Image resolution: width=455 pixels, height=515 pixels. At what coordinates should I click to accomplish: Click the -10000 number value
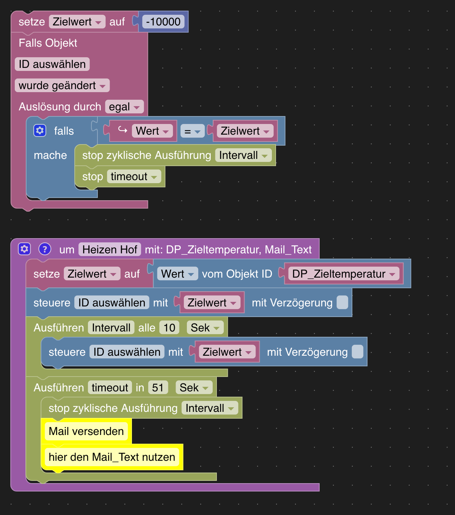[x=163, y=22]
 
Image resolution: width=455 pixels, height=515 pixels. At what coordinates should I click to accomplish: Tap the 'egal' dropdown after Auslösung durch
[x=124, y=107]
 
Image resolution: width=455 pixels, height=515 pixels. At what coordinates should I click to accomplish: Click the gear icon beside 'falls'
[x=40, y=130]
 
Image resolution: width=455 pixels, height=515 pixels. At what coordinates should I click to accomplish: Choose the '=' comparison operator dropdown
[x=192, y=131]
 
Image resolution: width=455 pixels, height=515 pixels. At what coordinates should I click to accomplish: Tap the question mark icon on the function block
[x=45, y=249]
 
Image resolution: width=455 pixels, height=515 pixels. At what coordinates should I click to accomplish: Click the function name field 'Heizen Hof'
[x=110, y=250]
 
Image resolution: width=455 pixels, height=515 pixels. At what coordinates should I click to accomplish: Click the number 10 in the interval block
[x=169, y=328]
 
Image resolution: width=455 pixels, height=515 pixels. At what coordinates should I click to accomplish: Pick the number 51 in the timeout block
[x=158, y=388]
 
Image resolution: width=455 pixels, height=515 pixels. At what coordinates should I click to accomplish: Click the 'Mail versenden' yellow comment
[x=86, y=432]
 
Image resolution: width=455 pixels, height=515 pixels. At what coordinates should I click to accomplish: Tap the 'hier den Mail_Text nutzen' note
[x=112, y=457]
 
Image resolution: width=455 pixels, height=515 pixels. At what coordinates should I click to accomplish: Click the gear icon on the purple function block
[x=24, y=249]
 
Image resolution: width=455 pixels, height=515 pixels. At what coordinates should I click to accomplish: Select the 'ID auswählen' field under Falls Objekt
[x=52, y=64]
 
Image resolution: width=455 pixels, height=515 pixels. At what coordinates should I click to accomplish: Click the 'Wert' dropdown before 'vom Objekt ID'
[x=177, y=274]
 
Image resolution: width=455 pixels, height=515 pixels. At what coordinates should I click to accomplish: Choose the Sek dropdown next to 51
[x=194, y=388]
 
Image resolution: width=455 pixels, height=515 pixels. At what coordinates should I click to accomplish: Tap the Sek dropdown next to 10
[x=205, y=328]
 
